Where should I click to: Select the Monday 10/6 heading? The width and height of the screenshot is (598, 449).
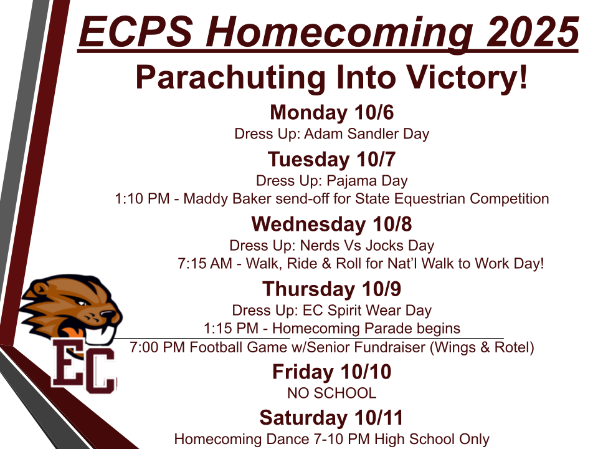point(332,112)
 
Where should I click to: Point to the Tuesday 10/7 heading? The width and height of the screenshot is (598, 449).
point(332,159)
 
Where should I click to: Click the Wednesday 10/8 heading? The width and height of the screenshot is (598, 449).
point(332,224)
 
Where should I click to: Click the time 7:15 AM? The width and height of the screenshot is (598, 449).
point(205,263)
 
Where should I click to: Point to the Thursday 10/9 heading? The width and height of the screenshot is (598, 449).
point(332,289)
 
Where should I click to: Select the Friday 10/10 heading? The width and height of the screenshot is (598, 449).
point(332,372)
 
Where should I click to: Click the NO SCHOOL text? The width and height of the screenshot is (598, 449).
point(332,393)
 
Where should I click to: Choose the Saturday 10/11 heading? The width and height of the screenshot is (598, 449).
point(331,418)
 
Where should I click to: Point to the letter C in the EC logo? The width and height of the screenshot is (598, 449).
point(100,370)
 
